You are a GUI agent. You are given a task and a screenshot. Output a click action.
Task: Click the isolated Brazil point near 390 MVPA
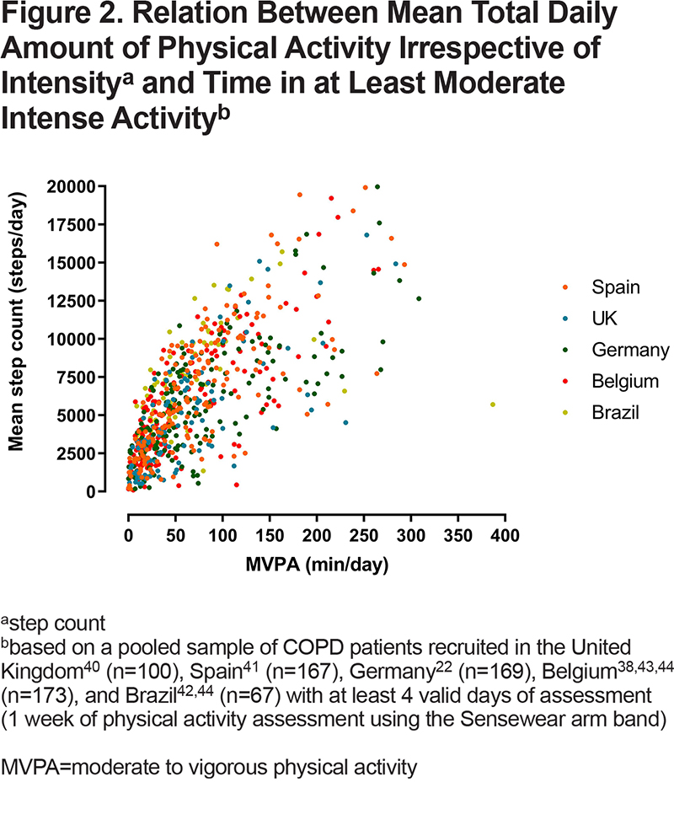coord(493,404)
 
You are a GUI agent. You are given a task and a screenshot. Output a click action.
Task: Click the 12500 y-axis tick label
coord(71,301)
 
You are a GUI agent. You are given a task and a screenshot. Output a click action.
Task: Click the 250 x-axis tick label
coord(364,536)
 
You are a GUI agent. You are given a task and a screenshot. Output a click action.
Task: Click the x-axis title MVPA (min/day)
coord(318,565)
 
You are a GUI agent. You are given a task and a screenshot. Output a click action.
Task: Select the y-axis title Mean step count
coord(16,322)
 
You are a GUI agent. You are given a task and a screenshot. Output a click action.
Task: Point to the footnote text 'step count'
coord(58,624)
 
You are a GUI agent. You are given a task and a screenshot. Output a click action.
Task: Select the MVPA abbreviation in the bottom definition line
coord(30,768)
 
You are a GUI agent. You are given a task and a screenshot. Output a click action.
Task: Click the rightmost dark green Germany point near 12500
coord(419,299)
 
